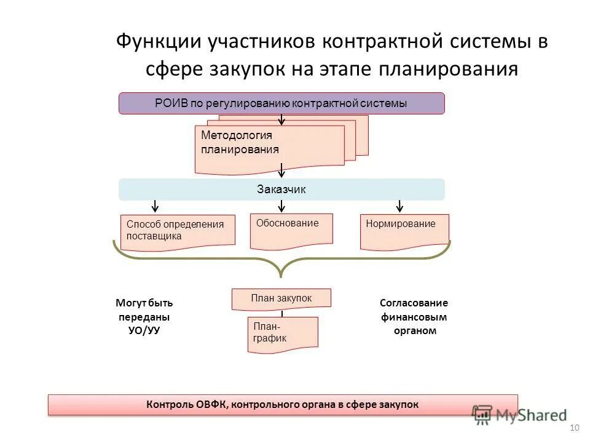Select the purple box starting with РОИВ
pyautogui.click(x=281, y=103)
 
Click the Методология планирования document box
pyautogui.click(x=269, y=148)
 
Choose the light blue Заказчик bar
pyautogui.click(x=281, y=190)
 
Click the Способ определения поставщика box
pyautogui.click(x=178, y=232)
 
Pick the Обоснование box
pyautogui.click(x=291, y=229)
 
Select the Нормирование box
pyautogui.click(x=404, y=230)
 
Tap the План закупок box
pyautogui.click(x=281, y=298)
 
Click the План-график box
pyautogui.click(x=283, y=333)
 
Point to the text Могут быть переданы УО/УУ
pyautogui.click(x=144, y=316)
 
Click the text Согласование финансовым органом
pyautogui.click(x=414, y=316)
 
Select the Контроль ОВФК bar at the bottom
pyautogui.click(x=283, y=404)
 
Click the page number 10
pyautogui.click(x=575, y=428)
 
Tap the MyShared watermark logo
pyautogui.click(x=519, y=414)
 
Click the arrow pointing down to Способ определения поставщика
pyautogui.click(x=155, y=205)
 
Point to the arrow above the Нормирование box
pyautogui.click(x=400, y=205)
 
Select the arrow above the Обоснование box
pyautogui.click(x=281, y=205)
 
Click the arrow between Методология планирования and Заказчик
pyautogui.click(x=281, y=170)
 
